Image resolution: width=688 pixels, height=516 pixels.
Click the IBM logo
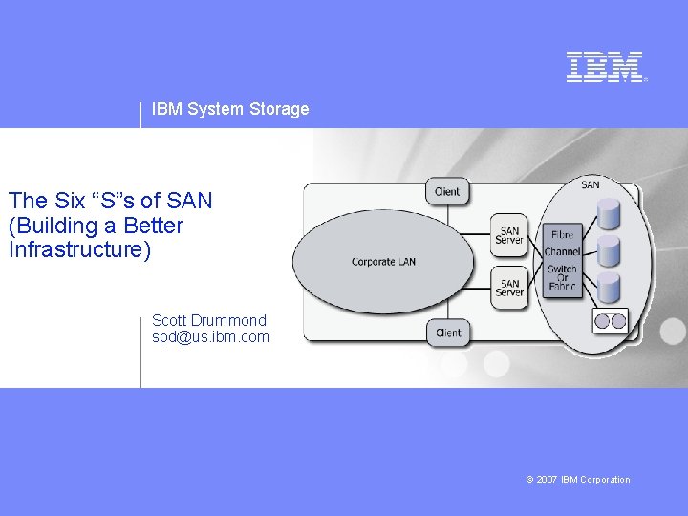606,67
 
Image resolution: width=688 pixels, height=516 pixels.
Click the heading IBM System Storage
230,109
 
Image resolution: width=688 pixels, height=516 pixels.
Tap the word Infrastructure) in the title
79,250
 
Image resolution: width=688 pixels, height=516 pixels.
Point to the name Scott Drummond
209,320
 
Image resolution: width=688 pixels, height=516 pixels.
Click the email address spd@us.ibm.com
210,337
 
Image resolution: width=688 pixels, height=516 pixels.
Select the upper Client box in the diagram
447,191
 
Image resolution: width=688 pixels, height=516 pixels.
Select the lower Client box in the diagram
447,333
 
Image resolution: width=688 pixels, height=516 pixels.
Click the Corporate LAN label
383,262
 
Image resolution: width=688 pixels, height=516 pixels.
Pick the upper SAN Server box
510,235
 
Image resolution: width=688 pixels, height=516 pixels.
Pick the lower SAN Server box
510,288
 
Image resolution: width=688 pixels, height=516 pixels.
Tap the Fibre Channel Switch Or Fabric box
563,260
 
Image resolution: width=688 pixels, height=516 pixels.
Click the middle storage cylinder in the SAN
609,249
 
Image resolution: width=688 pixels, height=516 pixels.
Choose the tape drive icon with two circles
611,322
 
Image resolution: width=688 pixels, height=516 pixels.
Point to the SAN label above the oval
591,183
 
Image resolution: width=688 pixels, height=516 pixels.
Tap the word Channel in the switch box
563,252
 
